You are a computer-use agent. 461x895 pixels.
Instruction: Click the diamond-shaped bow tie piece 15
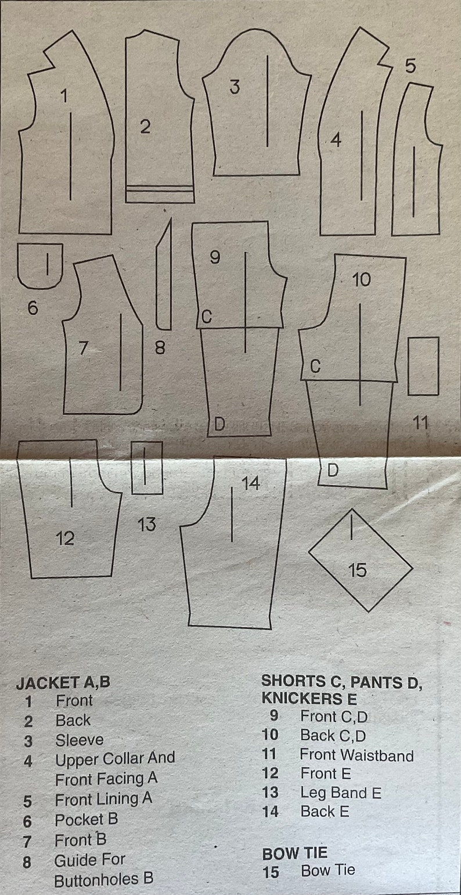[x=360, y=560]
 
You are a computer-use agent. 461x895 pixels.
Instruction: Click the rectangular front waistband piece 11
[x=423, y=366]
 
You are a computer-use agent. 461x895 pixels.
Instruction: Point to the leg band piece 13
[x=147, y=468]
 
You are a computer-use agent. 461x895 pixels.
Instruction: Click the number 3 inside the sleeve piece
[x=234, y=87]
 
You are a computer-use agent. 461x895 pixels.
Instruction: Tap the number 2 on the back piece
[x=145, y=126]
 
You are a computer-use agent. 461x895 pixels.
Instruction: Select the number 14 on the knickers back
[x=251, y=483]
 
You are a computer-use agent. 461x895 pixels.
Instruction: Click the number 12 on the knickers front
[x=65, y=538]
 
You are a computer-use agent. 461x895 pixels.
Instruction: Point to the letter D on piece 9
[x=219, y=424]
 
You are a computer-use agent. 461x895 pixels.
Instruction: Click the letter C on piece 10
[x=315, y=366]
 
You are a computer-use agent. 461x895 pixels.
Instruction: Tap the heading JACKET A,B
[x=63, y=682]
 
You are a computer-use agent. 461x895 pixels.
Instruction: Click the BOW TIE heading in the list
[x=294, y=853]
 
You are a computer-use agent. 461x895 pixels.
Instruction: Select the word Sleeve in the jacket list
[x=80, y=740]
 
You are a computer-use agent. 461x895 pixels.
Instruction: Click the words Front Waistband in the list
[x=356, y=755]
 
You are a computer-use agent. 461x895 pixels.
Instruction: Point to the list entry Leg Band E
[x=340, y=793]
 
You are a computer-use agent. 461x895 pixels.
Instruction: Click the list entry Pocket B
[x=86, y=819]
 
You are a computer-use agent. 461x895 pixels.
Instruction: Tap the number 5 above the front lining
[x=410, y=67]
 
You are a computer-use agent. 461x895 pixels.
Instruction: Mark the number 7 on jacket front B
[x=83, y=348]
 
